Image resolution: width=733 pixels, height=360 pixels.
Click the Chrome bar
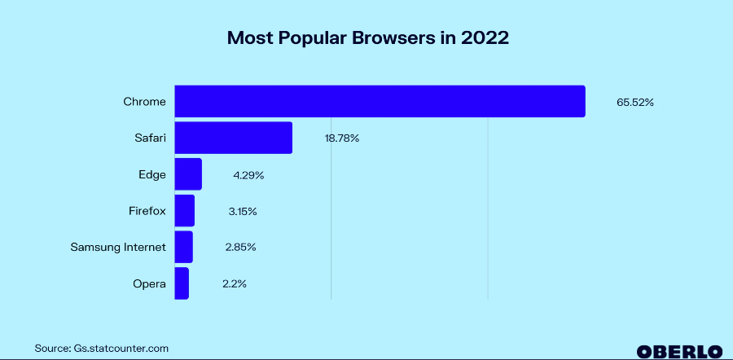380,101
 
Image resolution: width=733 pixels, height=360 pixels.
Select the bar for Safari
233,138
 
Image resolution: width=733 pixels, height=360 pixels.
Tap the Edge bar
188,174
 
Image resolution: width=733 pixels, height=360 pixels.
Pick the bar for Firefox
185,211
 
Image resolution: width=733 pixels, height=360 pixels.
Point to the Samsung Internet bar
184,247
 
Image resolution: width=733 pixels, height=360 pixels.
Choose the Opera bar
182,283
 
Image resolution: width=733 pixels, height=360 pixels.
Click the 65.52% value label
635,103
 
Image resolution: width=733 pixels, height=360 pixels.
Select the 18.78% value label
342,138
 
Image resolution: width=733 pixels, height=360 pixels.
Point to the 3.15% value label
242,212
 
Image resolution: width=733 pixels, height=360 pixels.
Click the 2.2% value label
234,284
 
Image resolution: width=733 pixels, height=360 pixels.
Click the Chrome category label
144,102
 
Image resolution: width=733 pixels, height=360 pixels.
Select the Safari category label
150,138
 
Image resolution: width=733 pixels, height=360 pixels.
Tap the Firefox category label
147,211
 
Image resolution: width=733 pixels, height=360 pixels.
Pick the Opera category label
149,284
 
